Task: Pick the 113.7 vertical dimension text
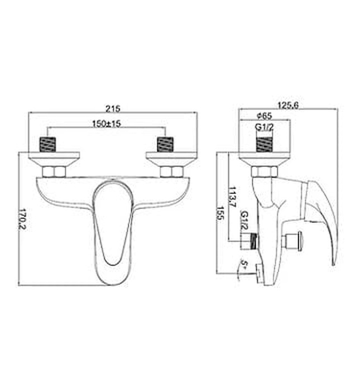pyautogui.click(x=232, y=195)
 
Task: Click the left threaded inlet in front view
pyautogui.click(x=49, y=144)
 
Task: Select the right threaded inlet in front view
pyautogui.click(x=166, y=144)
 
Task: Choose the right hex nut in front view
pyautogui.click(x=172, y=171)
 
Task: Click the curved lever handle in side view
pyautogui.click(x=327, y=218)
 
